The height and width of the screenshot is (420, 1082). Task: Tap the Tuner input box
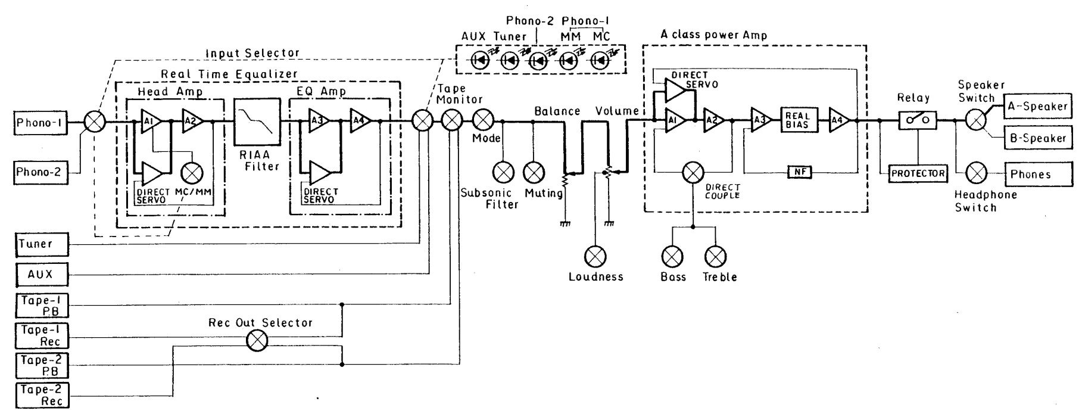(x=42, y=244)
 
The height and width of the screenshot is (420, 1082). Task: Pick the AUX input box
(x=42, y=274)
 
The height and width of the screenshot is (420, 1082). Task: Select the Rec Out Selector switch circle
(x=257, y=341)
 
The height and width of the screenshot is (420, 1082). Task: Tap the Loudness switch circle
(x=595, y=257)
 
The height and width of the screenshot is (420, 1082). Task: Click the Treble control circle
(x=715, y=257)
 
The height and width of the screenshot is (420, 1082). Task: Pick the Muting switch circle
(x=534, y=173)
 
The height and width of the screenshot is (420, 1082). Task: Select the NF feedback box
(x=799, y=173)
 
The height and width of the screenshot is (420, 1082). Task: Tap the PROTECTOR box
(x=918, y=173)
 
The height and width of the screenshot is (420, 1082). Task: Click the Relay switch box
(x=918, y=121)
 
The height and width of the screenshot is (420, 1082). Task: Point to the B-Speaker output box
(x=1037, y=138)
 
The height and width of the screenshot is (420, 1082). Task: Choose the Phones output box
(x=1037, y=174)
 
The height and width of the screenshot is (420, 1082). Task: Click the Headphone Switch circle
(x=976, y=174)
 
